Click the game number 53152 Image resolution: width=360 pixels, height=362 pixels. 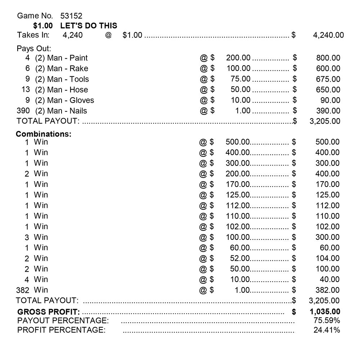71,16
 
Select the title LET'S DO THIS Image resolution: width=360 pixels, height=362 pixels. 89,26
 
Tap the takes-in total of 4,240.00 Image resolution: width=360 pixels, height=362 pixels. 328,35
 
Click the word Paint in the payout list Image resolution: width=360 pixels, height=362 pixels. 78,58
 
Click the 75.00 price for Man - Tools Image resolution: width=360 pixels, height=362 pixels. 240,79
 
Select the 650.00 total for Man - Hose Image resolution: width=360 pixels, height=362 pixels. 328,90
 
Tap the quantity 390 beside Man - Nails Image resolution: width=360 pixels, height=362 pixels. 23,111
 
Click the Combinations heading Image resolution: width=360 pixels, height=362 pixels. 44,134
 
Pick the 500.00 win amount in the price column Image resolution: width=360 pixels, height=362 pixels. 238,142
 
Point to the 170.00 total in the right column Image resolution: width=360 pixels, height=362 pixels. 327,184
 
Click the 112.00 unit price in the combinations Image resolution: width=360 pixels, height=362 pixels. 238,205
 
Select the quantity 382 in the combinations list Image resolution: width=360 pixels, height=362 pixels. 22,290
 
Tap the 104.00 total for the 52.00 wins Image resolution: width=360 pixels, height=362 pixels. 327,258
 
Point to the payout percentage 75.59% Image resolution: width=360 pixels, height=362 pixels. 327,321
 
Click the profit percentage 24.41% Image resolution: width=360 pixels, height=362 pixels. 327,330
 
